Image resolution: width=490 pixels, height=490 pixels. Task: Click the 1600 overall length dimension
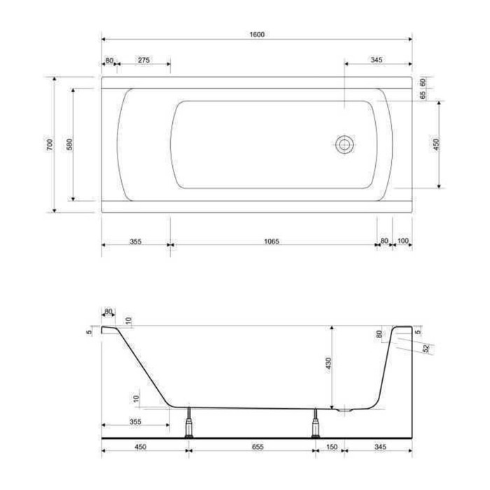pos(257,34)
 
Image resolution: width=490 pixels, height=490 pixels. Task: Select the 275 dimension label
pos(143,59)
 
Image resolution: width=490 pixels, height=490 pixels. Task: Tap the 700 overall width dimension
pos(50,144)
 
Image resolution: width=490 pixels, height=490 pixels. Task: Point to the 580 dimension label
pos(69,144)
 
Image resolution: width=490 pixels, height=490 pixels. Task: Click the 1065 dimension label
pos(272,241)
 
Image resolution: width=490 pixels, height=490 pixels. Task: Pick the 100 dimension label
pos(403,241)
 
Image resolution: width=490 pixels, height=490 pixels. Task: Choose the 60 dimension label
pos(423,83)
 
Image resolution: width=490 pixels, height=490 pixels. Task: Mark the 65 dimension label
pos(423,95)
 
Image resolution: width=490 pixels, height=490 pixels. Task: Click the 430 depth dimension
pos(328,363)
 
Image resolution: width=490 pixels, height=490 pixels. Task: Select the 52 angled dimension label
pos(426,348)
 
